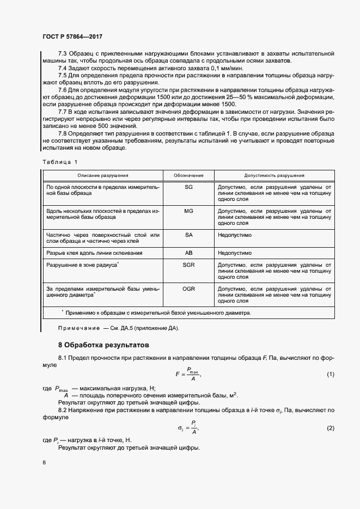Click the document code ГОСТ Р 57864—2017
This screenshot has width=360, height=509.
tap(72, 36)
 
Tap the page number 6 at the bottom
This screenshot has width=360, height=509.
tap(44, 462)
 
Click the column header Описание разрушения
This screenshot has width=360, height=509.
tap(102, 176)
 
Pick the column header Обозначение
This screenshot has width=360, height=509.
tap(188, 176)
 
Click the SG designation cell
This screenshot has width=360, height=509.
tap(189, 187)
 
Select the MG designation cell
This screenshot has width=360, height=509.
tap(189, 211)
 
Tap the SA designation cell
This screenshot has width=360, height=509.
tap(189, 235)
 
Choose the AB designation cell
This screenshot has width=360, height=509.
tap(189, 253)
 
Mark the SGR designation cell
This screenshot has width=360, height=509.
tap(189, 264)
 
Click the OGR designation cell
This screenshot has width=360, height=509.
tap(189, 288)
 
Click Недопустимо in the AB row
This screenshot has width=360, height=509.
tap(234, 253)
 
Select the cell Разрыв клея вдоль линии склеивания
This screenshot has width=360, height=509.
tap(95, 253)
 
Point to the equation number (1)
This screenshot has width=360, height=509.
tap(330, 374)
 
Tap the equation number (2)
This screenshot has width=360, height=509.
tap(330, 428)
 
